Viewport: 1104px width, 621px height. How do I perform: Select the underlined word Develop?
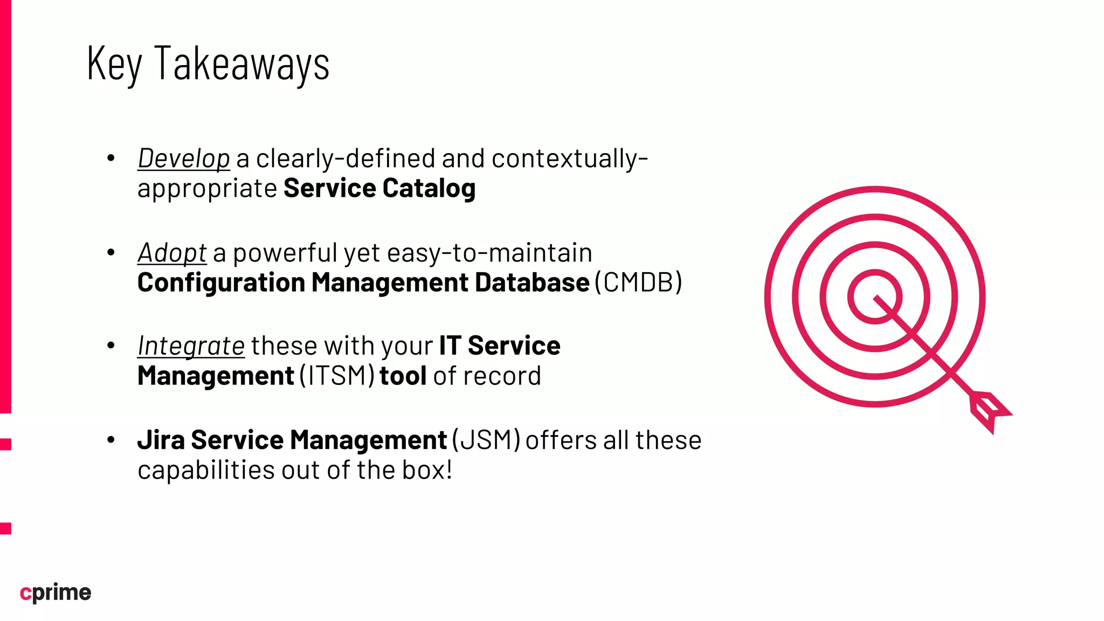click(184, 159)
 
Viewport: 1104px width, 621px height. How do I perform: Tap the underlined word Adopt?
click(172, 253)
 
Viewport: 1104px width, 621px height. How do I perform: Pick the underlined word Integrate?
click(191, 346)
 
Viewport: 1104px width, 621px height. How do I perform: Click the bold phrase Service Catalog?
click(379, 189)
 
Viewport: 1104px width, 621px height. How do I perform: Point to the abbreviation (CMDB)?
click(638, 283)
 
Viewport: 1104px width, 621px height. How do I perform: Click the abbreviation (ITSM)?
click(337, 376)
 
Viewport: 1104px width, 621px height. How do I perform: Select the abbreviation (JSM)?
click(486, 440)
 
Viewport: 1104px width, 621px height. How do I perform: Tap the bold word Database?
click(532, 283)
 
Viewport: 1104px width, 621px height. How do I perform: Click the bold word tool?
click(403, 376)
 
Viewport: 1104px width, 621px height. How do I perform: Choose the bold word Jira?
click(161, 440)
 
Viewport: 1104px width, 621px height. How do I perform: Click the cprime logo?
click(56, 592)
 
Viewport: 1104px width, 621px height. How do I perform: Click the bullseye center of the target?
click(874, 297)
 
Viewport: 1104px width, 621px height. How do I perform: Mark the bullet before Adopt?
click(111, 252)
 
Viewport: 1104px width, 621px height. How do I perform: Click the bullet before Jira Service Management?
click(111, 440)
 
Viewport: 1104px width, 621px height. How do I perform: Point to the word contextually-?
click(570, 159)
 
